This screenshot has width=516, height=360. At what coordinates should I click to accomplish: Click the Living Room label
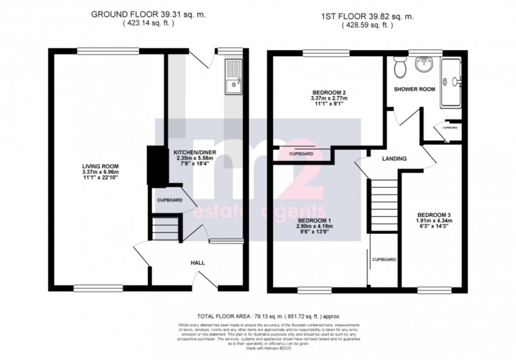[x=101, y=166]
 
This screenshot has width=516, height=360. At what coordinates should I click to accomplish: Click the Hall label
[x=198, y=263]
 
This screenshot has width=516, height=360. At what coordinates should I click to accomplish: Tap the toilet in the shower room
[x=399, y=69]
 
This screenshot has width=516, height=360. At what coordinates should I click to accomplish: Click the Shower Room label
[x=415, y=89]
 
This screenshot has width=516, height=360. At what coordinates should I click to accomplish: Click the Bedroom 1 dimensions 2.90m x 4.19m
[x=314, y=226]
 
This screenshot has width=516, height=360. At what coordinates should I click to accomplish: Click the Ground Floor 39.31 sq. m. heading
[x=148, y=14]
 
